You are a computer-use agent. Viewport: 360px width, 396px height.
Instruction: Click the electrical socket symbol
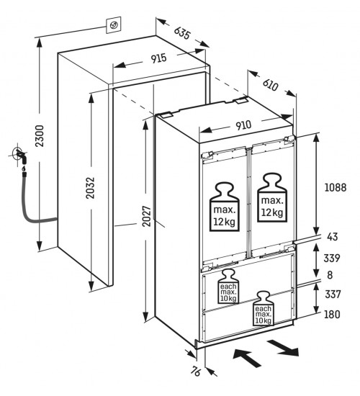(114, 24)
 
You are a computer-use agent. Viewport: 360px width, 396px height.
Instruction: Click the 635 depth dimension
(182, 33)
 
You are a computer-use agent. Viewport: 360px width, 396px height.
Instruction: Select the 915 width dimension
(159, 58)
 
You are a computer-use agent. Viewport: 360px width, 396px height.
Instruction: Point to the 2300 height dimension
(40, 136)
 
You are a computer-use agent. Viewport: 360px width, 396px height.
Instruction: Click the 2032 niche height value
(90, 188)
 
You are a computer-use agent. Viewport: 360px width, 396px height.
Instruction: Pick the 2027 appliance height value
(146, 216)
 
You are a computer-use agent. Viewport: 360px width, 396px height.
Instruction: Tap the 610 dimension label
(270, 85)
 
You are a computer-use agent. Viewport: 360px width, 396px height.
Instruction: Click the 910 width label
(243, 125)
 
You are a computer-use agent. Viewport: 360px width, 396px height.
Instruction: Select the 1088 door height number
(336, 188)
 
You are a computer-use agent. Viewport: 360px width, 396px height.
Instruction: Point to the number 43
(332, 237)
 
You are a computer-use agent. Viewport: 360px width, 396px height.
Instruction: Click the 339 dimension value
(332, 258)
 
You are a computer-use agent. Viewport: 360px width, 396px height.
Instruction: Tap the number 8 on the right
(330, 275)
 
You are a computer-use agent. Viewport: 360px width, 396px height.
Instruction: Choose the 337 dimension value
(333, 294)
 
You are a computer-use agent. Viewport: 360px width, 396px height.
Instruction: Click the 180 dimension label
(332, 315)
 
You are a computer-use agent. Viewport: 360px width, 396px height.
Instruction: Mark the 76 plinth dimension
(196, 372)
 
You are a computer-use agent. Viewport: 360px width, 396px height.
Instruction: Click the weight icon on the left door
(225, 207)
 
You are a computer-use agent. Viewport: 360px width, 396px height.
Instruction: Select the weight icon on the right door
(272, 197)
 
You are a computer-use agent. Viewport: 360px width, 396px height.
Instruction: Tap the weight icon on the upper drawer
(228, 286)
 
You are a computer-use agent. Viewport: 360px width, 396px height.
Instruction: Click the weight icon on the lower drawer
(263, 308)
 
